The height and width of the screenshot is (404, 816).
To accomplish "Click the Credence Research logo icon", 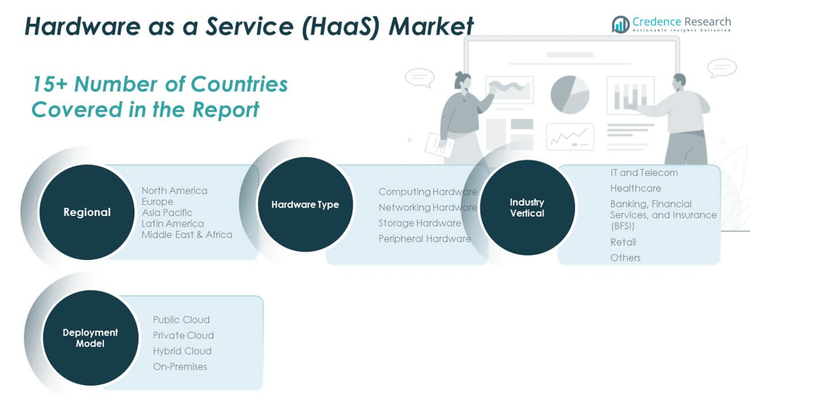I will point(620,24).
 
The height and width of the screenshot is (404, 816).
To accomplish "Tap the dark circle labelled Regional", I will point(87,213).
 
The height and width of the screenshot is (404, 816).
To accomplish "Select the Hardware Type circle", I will point(305,204).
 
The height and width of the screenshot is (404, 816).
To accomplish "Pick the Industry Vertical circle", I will point(527,208).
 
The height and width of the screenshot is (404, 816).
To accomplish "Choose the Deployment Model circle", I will point(90,337).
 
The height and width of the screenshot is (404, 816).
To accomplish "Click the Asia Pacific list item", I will point(167,213).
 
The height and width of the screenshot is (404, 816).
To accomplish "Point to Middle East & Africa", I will point(187,235).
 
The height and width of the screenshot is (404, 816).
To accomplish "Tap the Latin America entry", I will point(173,223).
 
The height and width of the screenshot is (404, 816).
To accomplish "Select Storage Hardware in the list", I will point(420,223).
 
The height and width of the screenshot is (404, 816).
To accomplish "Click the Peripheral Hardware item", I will point(425,239).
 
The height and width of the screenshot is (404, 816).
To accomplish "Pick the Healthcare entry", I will point(635,188).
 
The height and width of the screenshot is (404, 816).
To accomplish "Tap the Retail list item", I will point(623,242).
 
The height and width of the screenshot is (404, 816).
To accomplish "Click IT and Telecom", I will point(644,172).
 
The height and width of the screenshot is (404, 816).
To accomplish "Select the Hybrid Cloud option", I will point(182,351).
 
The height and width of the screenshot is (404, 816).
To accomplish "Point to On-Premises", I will point(180,367).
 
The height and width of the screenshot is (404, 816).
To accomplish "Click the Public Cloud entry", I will point(181,320).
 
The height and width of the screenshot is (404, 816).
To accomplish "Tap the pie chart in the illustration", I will point(569,94).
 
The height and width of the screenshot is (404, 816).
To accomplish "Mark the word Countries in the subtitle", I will point(239,84).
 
